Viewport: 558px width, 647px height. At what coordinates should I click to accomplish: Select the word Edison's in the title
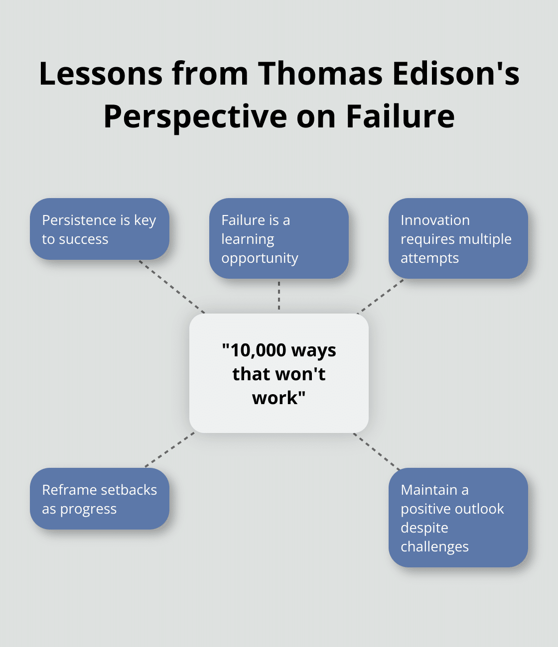[456, 74]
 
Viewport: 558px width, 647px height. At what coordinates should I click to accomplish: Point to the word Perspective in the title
[195, 116]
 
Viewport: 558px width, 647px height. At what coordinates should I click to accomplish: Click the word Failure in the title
[400, 116]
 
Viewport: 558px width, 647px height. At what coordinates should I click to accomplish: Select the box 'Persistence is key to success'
[100, 229]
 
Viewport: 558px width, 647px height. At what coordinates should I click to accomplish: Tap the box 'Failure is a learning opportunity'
[279, 238]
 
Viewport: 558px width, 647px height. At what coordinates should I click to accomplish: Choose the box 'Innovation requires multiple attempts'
[458, 238]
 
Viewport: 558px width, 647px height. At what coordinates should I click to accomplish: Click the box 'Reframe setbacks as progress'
[100, 499]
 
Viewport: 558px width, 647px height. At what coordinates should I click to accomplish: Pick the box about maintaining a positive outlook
[458, 518]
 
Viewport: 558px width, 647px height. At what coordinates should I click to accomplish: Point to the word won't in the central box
[303, 374]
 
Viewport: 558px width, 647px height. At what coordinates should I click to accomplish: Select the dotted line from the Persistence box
[172, 287]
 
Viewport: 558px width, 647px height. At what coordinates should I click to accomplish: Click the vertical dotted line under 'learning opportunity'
[279, 296]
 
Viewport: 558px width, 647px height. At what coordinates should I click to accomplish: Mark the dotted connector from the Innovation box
[381, 297]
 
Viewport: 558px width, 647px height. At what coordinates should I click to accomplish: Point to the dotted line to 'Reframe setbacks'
[170, 450]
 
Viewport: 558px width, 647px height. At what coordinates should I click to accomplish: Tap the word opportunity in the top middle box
[260, 258]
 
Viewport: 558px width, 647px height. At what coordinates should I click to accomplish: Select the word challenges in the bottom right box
[434, 546]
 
